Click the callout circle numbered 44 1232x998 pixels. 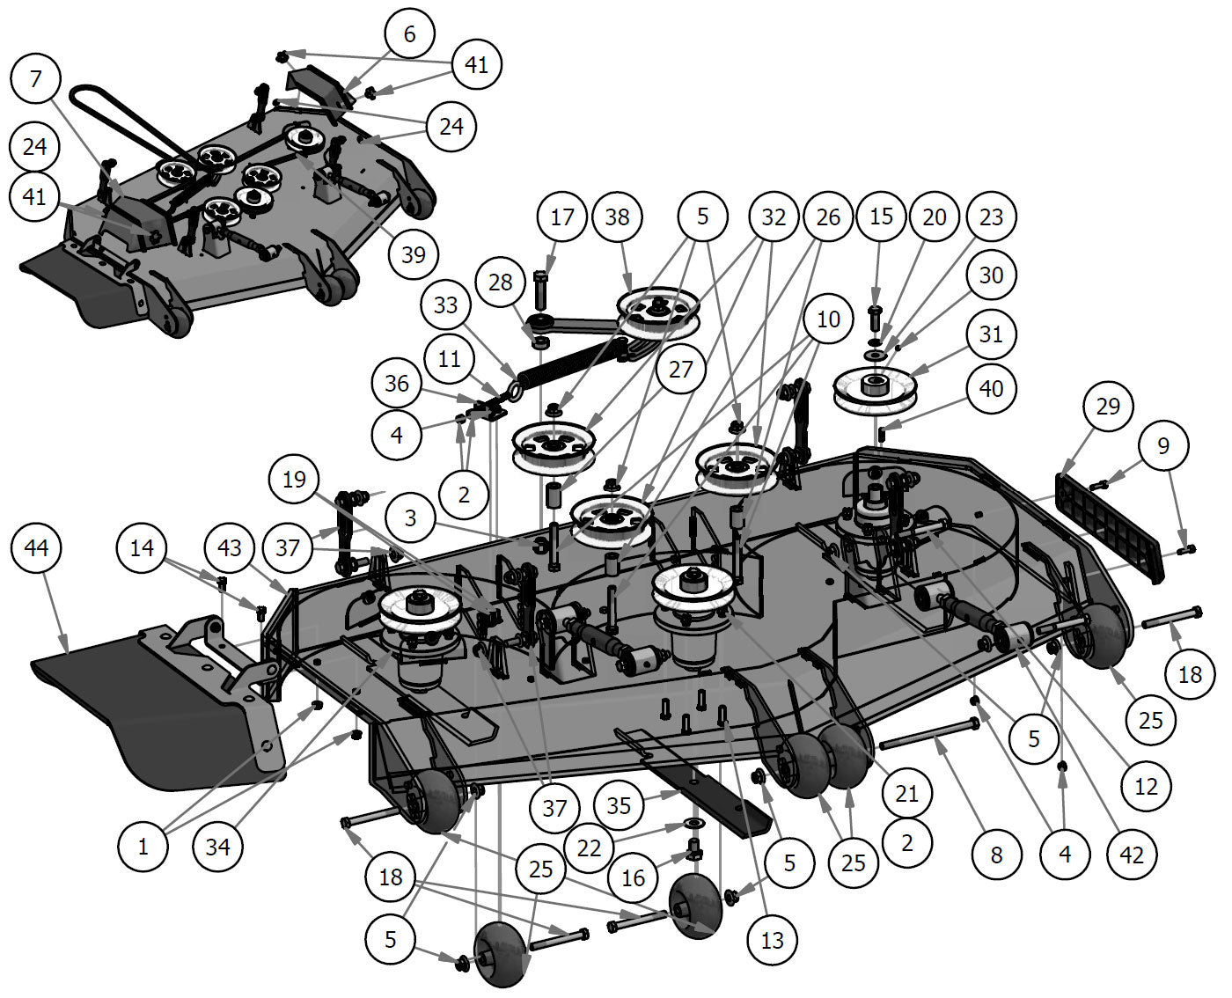tap(37, 548)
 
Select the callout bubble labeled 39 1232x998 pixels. tap(413, 254)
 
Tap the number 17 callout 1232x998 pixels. tap(562, 216)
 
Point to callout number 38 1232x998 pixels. tap(618, 216)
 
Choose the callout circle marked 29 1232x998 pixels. tap(1108, 406)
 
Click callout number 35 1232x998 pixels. tap(619, 804)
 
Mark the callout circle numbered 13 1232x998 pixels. tap(772, 940)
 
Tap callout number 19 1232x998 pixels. tap(294, 479)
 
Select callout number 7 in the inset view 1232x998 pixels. tap(36, 79)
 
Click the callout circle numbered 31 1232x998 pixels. tap(991, 334)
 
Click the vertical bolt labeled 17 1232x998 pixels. tap(540, 290)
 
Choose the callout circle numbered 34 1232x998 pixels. tap(217, 847)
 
